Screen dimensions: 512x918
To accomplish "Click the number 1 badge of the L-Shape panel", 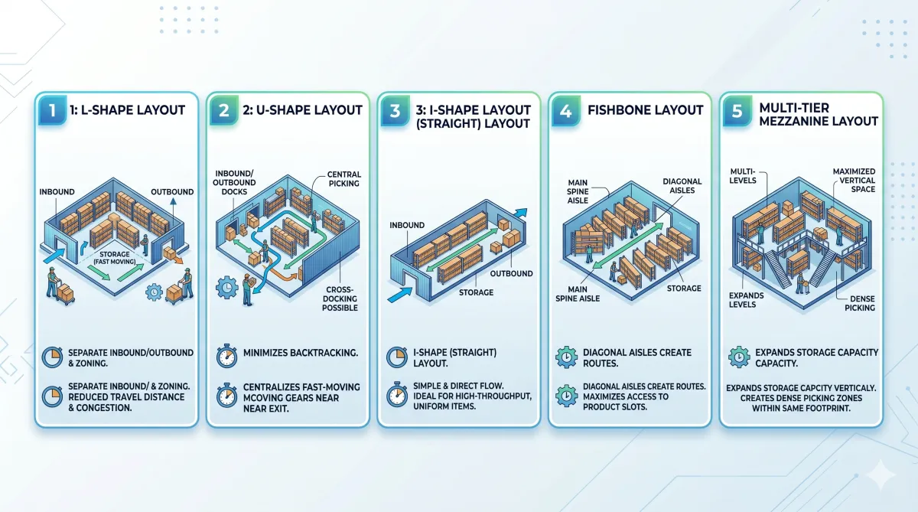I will click(x=52, y=110).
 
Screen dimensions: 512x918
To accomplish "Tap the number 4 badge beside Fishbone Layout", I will click(x=566, y=110).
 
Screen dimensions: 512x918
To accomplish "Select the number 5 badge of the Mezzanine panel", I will click(x=737, y=110).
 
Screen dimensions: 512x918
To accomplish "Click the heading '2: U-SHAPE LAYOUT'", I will click(x=301, y=110).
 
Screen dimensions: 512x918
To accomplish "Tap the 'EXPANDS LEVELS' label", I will click(x=742, y=299).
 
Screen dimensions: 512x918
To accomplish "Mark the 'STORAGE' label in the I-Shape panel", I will click(x=476, y=292).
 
